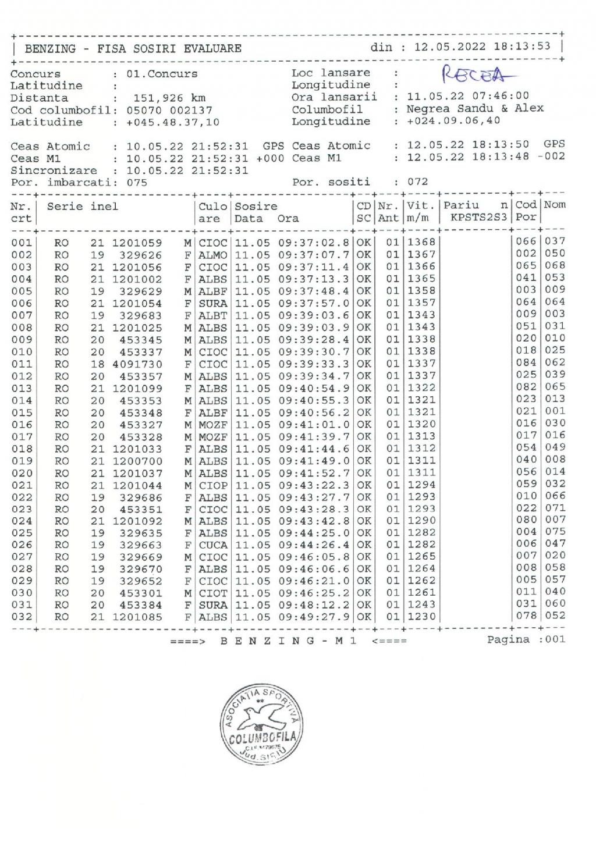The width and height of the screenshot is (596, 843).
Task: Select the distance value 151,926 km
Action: tap(169, 98)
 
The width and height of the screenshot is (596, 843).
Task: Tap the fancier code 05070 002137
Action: tap(169, 111)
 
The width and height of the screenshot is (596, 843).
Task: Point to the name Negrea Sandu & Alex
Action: tap(475, 109)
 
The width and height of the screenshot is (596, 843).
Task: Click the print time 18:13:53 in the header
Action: tap(521, 47)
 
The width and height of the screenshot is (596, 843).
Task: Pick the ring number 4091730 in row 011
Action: tap(137, 364)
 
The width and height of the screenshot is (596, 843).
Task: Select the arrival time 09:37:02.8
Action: tap(314, 243)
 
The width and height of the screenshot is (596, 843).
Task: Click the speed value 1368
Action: tap(421, 242)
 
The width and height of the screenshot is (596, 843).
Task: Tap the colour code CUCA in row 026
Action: tap(213, 545)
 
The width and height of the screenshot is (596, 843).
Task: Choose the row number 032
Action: tap(22, 617)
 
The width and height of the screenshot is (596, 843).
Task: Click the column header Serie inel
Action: tap(83, 207)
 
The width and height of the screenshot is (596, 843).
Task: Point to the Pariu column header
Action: tap(462, 205)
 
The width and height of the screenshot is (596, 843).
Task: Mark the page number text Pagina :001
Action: tap(526, 640)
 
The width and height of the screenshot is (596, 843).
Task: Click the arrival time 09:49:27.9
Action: tap(314, 617)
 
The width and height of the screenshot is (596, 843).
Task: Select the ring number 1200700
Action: tap(137, 461)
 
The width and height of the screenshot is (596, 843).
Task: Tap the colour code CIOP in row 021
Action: tap(213, 485)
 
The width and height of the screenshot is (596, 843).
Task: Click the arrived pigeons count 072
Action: tap(417, 182)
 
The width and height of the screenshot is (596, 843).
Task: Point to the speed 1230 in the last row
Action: tap(421, 616)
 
